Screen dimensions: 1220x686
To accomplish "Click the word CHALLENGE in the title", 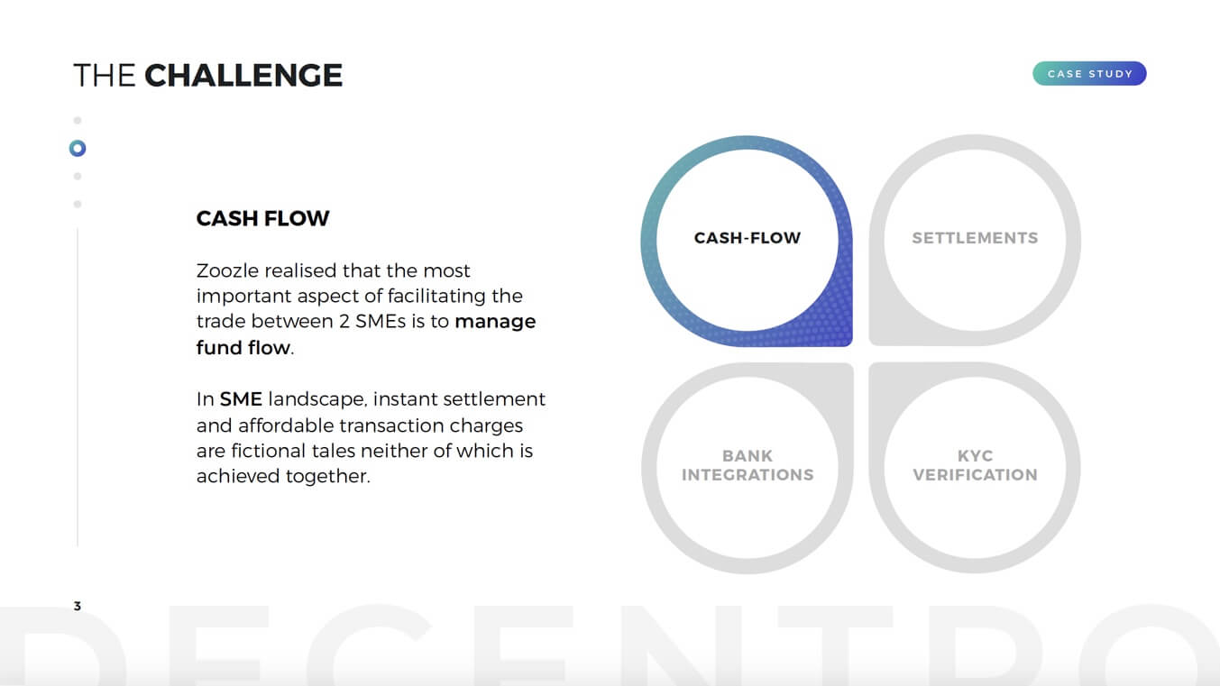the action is tap(243, 75).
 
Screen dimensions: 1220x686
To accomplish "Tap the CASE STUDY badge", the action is tap(1089, 74).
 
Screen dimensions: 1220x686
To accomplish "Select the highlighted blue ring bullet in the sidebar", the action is tap(78, 148).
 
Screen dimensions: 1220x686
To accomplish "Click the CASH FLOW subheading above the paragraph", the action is tap(262, 218).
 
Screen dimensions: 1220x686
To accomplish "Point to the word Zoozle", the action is tap(227, 270).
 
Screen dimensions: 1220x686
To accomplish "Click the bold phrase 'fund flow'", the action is tap(243, 347).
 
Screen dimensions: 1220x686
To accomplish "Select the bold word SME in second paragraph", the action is tap(241, 399).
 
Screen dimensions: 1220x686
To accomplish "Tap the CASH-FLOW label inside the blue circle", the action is tap(748, 238).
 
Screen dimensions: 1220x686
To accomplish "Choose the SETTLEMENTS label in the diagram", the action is tap(975, 238).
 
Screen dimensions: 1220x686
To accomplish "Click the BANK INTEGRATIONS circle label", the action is tap(748, 465).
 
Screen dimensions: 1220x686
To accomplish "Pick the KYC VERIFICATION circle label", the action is tap(975, 465).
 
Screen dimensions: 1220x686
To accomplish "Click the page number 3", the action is tap(78, 606).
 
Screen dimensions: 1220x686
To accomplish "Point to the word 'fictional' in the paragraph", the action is tap(268, 451).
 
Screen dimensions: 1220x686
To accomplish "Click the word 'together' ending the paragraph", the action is tap(328, 476).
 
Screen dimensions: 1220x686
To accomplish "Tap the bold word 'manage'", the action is tap(495, 322).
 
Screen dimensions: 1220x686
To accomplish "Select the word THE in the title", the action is tap(104, 75).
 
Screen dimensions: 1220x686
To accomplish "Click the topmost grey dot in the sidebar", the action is tap(78, 120).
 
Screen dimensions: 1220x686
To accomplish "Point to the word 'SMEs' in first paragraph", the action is tap(381, 321).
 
